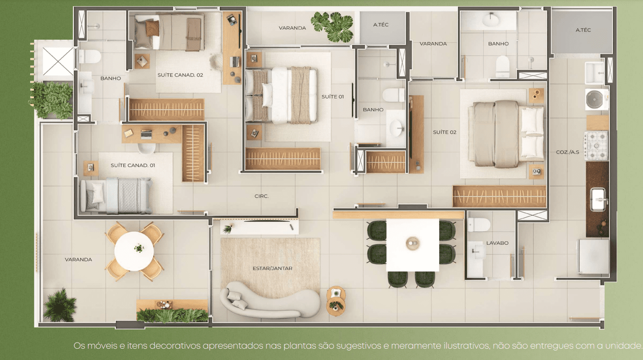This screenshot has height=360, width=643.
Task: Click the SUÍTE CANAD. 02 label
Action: point(180,75)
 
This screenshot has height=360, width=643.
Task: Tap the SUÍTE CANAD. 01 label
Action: point(133,165)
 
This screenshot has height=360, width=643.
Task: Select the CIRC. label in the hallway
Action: point(261,196)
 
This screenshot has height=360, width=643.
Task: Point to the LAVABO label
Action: point(497,243)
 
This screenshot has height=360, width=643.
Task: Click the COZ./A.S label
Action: point(568,152)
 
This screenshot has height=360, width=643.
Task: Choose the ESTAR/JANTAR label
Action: point(272,268)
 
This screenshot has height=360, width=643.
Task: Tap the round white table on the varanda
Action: point(134,251)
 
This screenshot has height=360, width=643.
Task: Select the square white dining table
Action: point(413,245)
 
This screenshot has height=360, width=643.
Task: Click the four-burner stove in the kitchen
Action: point(596,146)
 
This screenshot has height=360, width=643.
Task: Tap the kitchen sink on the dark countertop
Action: point(599,199)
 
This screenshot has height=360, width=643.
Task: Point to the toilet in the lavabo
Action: point(479,225)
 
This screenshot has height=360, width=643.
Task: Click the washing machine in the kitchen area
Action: point(597,99)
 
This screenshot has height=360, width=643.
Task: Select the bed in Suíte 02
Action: point(506,134)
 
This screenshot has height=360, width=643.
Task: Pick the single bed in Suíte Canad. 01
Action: point(116,196)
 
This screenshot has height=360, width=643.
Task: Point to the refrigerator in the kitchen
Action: point(593,257)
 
